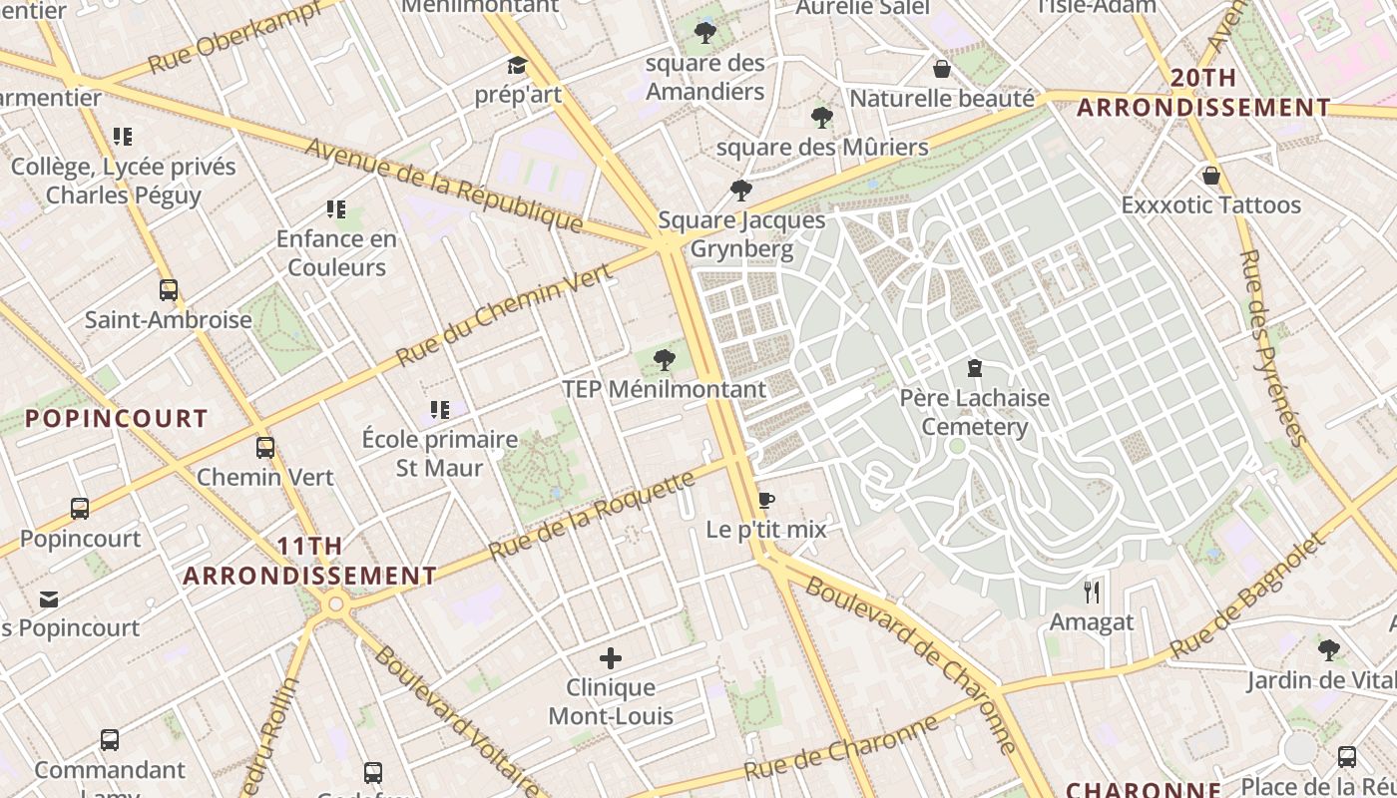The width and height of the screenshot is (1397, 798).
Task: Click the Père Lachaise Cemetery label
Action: point(974,412)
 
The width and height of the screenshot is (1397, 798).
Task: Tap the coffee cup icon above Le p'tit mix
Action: point(766,500)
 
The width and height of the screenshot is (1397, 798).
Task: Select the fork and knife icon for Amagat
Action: point(1092,593)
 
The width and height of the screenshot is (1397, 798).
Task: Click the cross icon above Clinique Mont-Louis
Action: point(611,658)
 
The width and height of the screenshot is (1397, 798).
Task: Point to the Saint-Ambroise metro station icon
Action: point(169,290)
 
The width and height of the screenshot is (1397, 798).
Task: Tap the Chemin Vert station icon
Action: point(264,448)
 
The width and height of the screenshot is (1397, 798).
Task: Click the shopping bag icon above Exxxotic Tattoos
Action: point(1210,176)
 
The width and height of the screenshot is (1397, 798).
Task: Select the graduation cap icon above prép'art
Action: point(517,66)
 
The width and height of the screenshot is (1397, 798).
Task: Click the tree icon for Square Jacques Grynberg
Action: point(740,190)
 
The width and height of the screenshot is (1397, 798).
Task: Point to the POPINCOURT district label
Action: point(117,419)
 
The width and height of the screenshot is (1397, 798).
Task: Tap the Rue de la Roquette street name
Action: point(593,516)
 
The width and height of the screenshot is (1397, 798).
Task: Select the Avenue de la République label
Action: point(443,185)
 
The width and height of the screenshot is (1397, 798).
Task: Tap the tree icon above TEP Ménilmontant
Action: point(664,360)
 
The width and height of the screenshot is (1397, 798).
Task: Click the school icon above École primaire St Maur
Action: point(440,409)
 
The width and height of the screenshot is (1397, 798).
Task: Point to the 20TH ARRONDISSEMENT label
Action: point(1203,93)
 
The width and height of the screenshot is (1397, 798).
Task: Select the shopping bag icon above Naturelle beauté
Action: point(941,69)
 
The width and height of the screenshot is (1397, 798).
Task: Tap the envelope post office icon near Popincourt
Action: point(49,599)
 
